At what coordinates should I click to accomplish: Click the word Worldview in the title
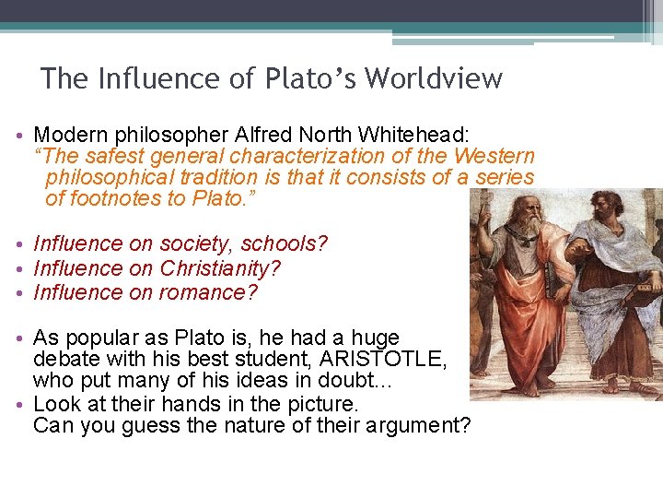434,78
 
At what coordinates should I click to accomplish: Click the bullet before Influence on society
20,245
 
